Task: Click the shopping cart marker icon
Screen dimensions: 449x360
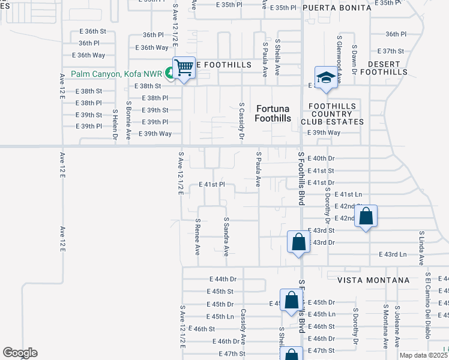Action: (x=184, y=67)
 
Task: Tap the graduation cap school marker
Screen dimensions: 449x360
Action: (x=326, y=78)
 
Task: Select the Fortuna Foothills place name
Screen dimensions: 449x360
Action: (x=274, y=113)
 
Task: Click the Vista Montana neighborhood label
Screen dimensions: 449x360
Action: (x=373, y=280)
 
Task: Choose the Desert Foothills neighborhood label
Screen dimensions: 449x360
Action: (x=388, y=68)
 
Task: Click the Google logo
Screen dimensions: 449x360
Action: (x=19, y=353)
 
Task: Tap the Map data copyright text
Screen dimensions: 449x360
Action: (x=423, y=355)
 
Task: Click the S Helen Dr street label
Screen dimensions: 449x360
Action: (x=115, y=124)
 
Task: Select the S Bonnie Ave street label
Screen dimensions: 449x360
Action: (x=128, y=121)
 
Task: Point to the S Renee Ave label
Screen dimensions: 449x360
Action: (x=197, y=236)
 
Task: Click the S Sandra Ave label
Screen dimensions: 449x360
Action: (x=226, y=236)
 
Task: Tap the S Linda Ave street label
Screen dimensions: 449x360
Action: (x=422, y=248)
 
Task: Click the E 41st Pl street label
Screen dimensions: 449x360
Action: (x=211, y=185)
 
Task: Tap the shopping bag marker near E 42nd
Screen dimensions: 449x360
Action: (x=366, y=217)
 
